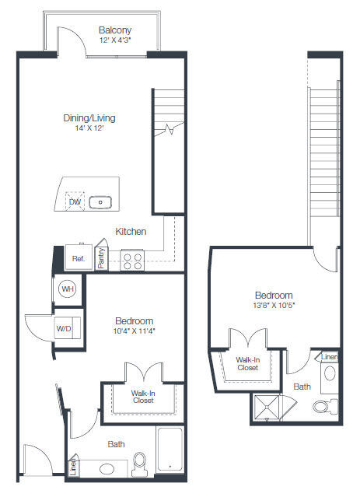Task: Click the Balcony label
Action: pos(115,30)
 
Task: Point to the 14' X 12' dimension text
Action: pos(89,128)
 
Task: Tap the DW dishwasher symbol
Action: pos(75,201)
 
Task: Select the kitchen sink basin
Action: pos(100,202)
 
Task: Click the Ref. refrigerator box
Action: pos(79,257)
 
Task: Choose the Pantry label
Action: pos(101,258)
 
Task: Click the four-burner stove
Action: pos(132,261)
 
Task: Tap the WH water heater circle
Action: pos(68,289)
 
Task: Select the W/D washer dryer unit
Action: pos(68,328)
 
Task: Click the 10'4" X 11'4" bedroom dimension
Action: pos(135,331)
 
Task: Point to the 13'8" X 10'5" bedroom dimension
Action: pos(274,306)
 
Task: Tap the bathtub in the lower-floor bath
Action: pos(170,450)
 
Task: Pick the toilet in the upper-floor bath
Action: pos(325,406)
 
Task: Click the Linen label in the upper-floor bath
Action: pos(329,357)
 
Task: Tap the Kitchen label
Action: pos(131,231)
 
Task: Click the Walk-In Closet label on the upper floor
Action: pos(248,364)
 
